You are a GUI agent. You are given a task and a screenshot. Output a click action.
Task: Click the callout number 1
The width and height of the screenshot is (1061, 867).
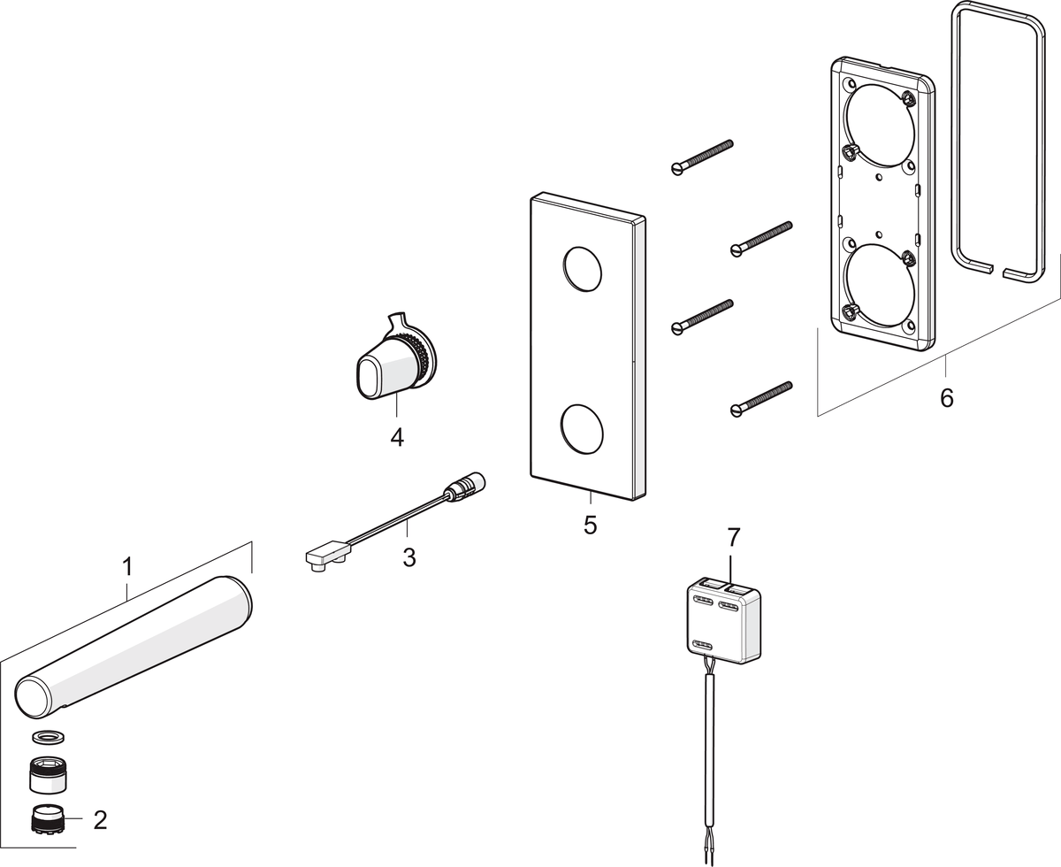pos(126,565)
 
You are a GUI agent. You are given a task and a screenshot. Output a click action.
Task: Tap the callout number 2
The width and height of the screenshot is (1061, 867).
pos(100,819)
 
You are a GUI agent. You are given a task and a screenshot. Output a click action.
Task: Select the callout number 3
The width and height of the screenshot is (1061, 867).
pos(408,558)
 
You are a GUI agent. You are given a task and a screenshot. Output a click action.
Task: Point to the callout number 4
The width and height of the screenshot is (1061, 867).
pos(397,436)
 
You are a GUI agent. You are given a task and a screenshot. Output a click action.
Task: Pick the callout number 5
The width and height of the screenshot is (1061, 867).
pos(590,525)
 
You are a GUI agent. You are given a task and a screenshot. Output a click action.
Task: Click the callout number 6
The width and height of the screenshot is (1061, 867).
pos(946,397)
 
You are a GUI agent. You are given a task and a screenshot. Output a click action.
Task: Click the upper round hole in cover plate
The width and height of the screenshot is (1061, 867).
pos(581,269)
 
